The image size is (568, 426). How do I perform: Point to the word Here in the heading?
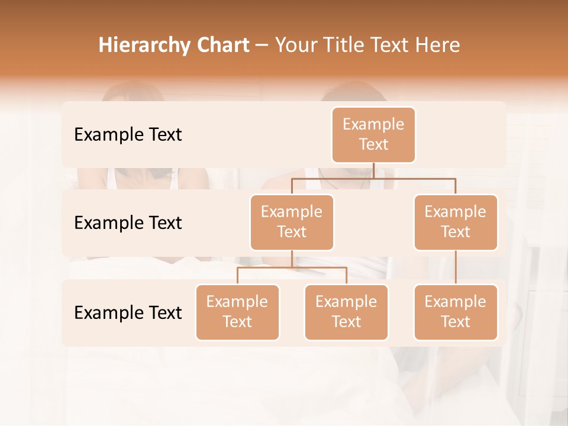click(x=437, y=46)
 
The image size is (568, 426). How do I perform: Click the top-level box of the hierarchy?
click(x=373, y=134)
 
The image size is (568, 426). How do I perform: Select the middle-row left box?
click(x=292, y=222)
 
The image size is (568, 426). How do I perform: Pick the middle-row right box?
click(x=456, y=222)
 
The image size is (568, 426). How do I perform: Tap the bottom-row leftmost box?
click(x=237, y=312)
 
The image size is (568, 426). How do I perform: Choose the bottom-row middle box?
click(x=346, y=312)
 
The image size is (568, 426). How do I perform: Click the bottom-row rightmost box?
click(x=456, y=312)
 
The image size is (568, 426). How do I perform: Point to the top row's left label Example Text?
click(x=128, y=135)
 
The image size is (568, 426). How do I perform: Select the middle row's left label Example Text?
click(x=128, y=223)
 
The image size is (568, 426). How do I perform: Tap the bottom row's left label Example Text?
click(x=128, y=312)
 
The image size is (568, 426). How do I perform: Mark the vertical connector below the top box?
click(x=373, y=170)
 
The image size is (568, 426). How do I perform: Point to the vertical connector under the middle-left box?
click(x=292, y=259)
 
